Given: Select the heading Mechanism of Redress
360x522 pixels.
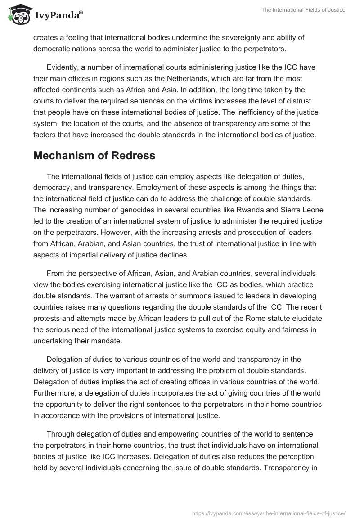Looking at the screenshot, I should coord(94,156).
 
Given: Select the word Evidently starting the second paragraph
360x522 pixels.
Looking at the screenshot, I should coord(63,67).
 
